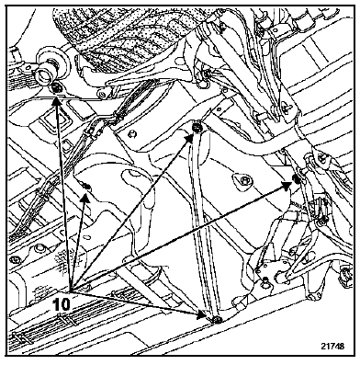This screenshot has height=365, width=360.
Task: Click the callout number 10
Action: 61,304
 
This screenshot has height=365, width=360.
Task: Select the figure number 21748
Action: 332,346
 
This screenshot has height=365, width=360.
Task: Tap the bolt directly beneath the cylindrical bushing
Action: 56,88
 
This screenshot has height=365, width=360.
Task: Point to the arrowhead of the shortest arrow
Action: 85,198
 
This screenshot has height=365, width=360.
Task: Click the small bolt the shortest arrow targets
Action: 86,186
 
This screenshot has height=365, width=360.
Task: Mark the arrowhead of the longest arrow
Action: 287,185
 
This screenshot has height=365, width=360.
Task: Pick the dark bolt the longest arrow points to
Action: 296,178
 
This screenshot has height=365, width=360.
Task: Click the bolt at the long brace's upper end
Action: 197,127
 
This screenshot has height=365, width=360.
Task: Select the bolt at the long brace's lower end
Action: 217,320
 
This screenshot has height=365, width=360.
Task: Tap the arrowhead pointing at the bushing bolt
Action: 55,101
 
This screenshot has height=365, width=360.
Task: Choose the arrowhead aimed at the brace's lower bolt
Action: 202,314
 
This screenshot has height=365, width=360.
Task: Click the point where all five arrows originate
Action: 70,291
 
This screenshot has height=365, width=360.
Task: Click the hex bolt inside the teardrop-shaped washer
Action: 245,181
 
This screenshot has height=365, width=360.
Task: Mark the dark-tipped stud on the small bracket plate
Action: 264,279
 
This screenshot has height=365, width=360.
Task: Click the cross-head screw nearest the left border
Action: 14,260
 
